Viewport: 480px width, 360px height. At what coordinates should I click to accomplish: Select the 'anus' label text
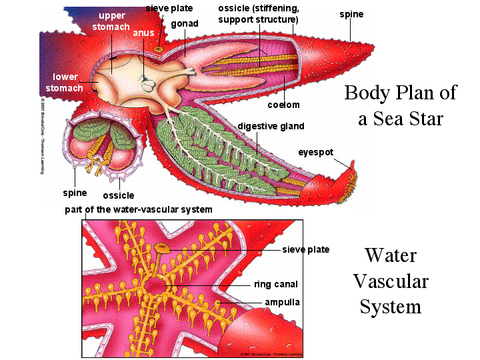143,33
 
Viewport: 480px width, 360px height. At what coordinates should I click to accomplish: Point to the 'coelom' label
284,105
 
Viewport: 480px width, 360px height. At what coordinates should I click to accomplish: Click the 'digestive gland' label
271,126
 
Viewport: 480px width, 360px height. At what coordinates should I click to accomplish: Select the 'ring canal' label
277,284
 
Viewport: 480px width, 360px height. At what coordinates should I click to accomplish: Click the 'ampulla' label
282,302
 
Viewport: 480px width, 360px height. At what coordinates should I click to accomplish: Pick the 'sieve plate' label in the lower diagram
305,250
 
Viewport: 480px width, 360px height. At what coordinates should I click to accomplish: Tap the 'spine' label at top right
351,13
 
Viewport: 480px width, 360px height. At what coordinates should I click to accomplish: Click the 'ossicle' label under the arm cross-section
118,195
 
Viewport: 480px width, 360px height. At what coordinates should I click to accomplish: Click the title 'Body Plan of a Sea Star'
400,105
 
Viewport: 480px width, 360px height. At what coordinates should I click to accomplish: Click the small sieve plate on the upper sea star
158,49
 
